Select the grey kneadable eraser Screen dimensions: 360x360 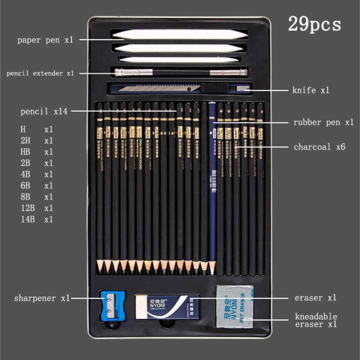click(235, 305)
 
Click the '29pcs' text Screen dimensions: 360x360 click(314, 24)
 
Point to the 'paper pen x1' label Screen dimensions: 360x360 click(45, 39)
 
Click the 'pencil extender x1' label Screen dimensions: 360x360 click(40, 73)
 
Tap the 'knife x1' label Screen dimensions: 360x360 click(310, 90)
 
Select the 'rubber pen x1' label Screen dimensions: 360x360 click(323, 122)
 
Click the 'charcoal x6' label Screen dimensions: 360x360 click(319, 147)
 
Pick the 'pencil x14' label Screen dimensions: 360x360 click(44, 111)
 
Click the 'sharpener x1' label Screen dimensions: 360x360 click(42, 298)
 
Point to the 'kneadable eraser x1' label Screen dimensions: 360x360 click(316, 320)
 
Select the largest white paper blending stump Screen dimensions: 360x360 click(179, 34)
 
